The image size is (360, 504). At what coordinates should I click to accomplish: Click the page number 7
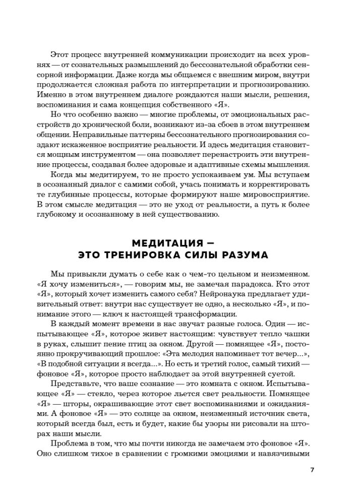(313, 470)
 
